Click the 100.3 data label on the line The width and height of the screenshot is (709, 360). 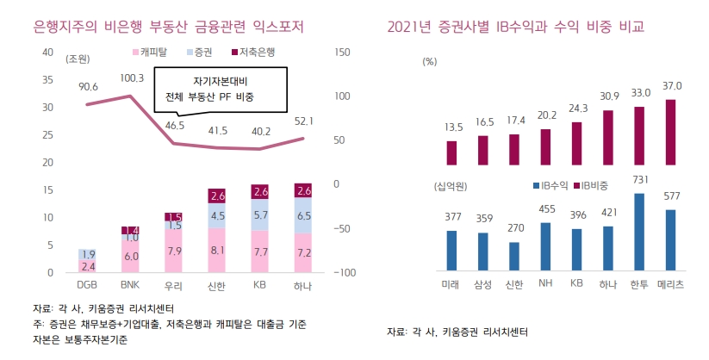click(x=132, y=78)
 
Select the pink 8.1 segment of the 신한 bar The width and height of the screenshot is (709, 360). click(x=218, y=251)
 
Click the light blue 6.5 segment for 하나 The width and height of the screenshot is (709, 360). click(x=303, y=215)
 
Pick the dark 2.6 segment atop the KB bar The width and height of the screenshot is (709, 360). click(x=261, y=191)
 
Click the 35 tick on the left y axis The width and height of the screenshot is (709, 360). click(x=48, y=80)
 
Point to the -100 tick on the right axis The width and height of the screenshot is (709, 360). click(x=343, y=273)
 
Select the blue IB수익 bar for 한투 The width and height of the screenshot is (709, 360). click(x=638, y=233)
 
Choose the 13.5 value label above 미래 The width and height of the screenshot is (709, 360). click(x=454, y=127)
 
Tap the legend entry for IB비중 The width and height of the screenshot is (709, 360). click(x=594, y=185)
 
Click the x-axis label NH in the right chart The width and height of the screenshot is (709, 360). click(x=544, y=284)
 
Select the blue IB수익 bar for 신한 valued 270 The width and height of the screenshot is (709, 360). click(x=514, y=257)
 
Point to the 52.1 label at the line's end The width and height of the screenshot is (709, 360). click(x=303, y=121)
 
